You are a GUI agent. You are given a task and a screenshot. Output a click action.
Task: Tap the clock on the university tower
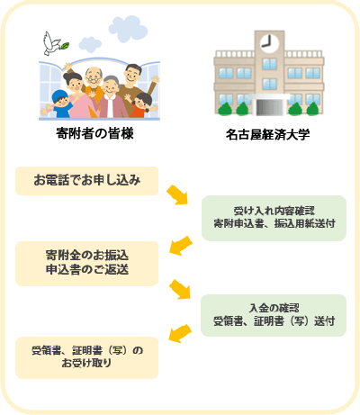click(269, 43)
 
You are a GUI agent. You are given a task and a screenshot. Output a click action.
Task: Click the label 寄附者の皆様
click(94, 133)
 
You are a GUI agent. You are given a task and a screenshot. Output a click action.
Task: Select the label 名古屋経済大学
click(267, 135)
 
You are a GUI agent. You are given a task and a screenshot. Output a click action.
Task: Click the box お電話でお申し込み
click(87, 181)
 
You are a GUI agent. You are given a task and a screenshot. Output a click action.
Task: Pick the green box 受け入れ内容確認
click(274, 218)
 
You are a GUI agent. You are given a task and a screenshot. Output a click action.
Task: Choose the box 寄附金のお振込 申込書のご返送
click(87, 263)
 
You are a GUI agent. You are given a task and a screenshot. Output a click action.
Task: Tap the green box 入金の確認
click(274, 315)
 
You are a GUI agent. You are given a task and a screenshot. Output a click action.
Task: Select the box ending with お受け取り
click(87, 357)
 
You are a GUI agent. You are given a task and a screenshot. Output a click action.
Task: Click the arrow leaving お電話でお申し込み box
click(177, 195)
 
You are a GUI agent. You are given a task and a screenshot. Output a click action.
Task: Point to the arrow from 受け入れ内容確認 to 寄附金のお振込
click(181, 246)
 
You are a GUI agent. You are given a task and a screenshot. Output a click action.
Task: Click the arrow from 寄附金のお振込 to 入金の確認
click(180, 289)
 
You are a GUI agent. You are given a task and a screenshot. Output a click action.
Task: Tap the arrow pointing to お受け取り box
click(180, 333)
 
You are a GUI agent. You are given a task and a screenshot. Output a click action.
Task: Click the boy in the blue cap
click(62, 104)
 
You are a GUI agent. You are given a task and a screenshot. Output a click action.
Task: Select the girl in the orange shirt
click(140, 105)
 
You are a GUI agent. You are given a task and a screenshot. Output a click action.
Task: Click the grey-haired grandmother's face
click(110, 86)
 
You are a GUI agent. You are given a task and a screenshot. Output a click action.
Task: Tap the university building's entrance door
click(270, 107)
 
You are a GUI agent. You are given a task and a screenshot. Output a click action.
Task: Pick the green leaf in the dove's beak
click(65, 45)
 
